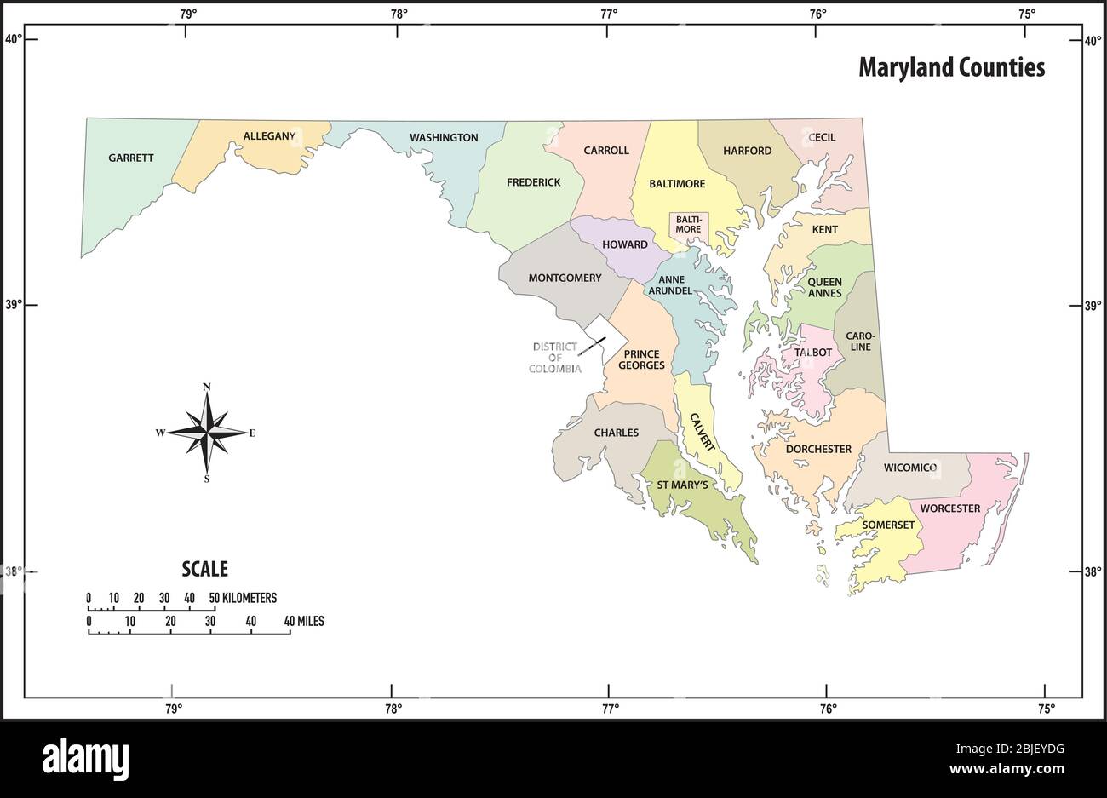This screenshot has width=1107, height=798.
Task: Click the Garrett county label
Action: point(131,158)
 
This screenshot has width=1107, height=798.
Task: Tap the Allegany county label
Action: point(269,136)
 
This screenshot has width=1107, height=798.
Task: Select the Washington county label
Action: point(444,137)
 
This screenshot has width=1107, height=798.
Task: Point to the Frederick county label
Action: point(533,182)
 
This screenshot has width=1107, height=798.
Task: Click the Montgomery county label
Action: point(565,278)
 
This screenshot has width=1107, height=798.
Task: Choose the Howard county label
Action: point(625,244)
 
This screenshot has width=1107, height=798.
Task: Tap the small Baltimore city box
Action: point(688,224)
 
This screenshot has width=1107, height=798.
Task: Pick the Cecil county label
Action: point(822,137)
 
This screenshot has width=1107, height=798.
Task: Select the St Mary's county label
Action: point(682,485)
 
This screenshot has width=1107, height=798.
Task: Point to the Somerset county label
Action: point(888,525)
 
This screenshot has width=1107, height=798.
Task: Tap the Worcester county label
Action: point(949,509)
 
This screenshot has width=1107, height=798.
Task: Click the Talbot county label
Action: point(812,352)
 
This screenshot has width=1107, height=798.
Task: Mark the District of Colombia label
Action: point(555,358)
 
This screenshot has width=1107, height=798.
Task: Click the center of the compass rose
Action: point(207,433)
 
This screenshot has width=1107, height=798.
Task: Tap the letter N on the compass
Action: point(207,388)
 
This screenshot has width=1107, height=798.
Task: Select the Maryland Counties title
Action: point(951,67)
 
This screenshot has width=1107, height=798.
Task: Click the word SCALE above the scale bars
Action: point(204,569)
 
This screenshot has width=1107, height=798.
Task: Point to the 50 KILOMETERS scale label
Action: point(244,598)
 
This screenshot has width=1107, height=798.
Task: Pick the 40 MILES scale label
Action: point(304,622)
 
